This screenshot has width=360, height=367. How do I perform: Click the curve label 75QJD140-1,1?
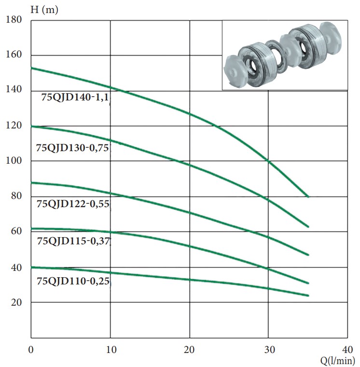click(x=75, y=97)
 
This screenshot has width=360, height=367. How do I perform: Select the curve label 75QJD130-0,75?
click(x=72, y=148)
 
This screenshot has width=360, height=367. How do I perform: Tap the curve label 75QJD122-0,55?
click(x=73, y=204)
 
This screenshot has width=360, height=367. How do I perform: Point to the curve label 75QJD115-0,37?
click(x=73, y=241)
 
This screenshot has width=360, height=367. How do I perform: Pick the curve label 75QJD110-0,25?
click(x=73, y=281)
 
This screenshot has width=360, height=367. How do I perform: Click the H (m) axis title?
click(x=44, y=10)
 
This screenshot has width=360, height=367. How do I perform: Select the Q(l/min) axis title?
click(x=337, y=361)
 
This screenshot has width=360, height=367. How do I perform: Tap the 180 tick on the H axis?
click(x=14, y=19)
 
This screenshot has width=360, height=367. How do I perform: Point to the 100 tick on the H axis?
click(x=14, y=160)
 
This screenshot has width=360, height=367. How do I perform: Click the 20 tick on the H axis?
click(x=16, y=302)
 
